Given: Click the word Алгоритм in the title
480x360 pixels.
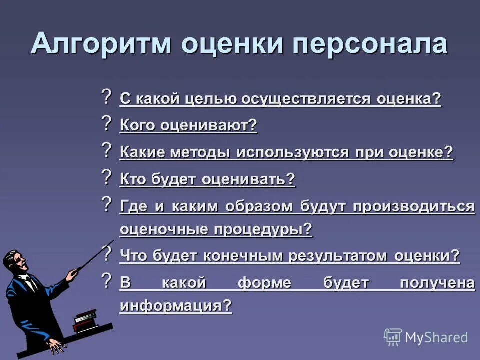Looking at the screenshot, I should pos(102,44).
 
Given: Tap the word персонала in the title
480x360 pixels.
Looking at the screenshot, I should pos(369,44).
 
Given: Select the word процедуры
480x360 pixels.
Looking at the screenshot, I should pos(263,229).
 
